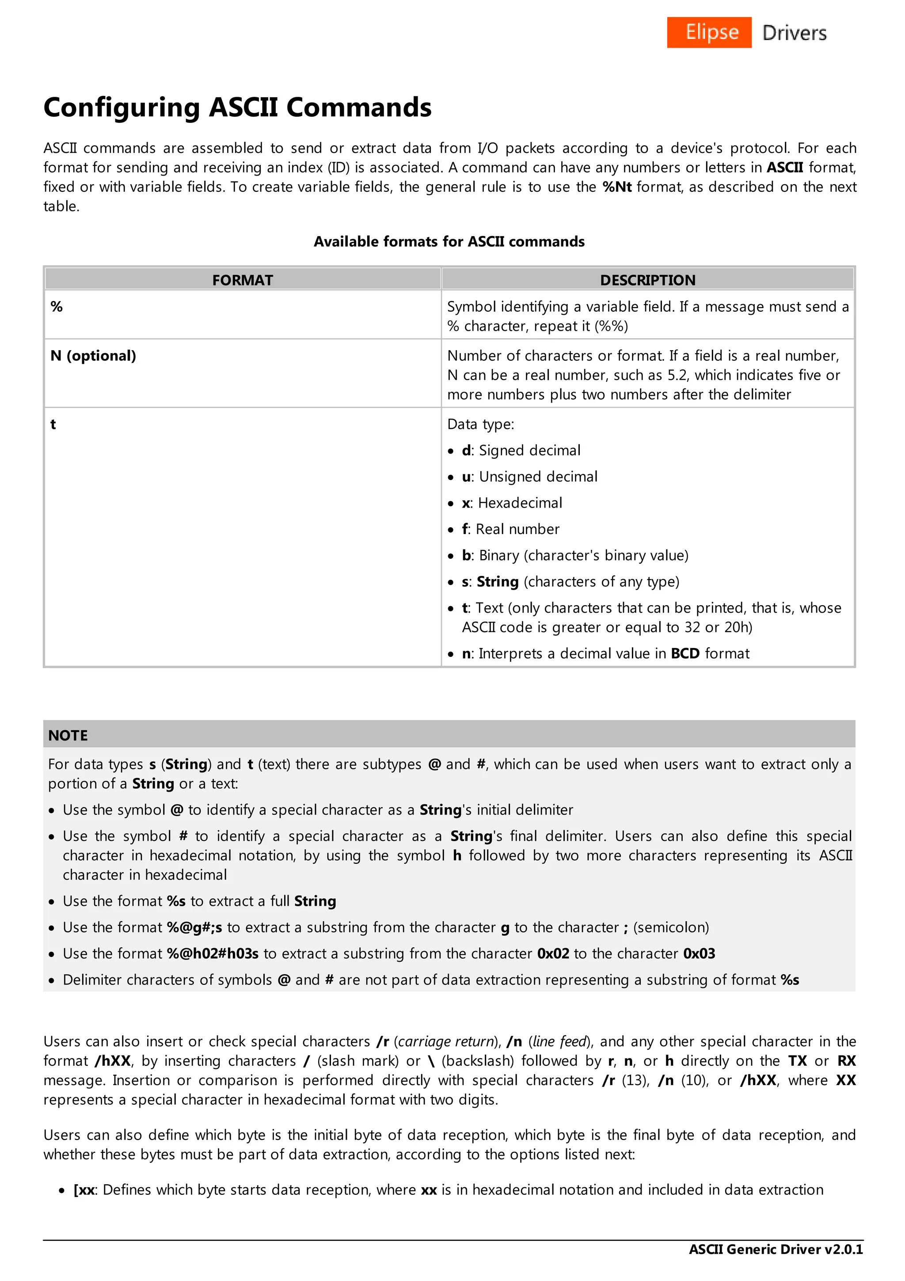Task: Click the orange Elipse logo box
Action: (709, 32)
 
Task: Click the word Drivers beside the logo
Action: (794, 33)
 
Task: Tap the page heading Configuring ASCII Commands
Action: (238, 107)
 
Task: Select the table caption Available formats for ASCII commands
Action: (449, 242)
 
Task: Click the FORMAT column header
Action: (243, 280)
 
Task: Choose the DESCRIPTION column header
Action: (647, 280)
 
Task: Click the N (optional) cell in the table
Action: (93, 356)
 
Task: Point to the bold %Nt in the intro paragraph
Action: (617, 187)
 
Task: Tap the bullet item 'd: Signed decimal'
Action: (521, 450)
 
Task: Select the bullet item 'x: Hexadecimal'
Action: (512, 503)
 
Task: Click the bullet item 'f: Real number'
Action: (510, 529)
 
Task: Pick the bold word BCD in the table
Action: (685, 653)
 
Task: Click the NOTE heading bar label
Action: (68, 736)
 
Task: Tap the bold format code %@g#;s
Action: (194, 927)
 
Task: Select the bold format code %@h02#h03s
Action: (213, 953)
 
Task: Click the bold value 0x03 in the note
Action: (699, 953)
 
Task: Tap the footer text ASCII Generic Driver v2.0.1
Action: (776, 1249)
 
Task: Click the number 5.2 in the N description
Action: (677, 375)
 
